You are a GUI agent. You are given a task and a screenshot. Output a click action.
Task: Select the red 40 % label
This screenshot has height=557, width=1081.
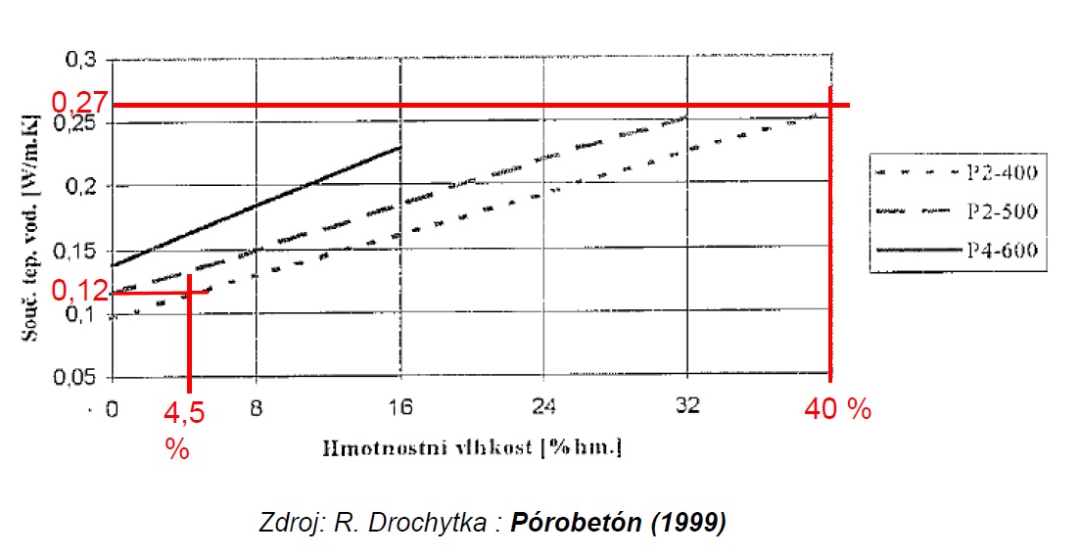pyautogui.click(x=837, y=409)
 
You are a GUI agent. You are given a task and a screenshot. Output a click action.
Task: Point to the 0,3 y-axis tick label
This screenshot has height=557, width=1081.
pyautogui.click(x=84, y=61)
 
